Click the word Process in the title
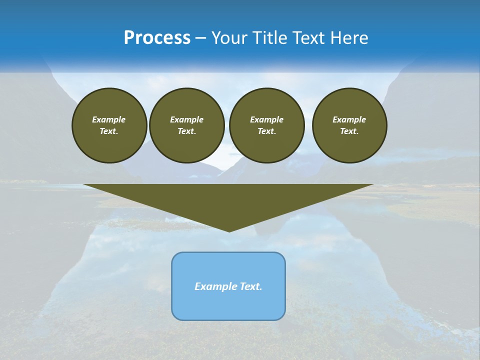click(157, 38)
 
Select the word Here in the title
click(349, 38)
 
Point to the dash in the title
click(200, 38)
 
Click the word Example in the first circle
click(109, 119)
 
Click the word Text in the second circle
click(186, 131)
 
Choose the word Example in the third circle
click(266, 119)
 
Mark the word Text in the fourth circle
click(348, 131)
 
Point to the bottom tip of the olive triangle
click(229, 231)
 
